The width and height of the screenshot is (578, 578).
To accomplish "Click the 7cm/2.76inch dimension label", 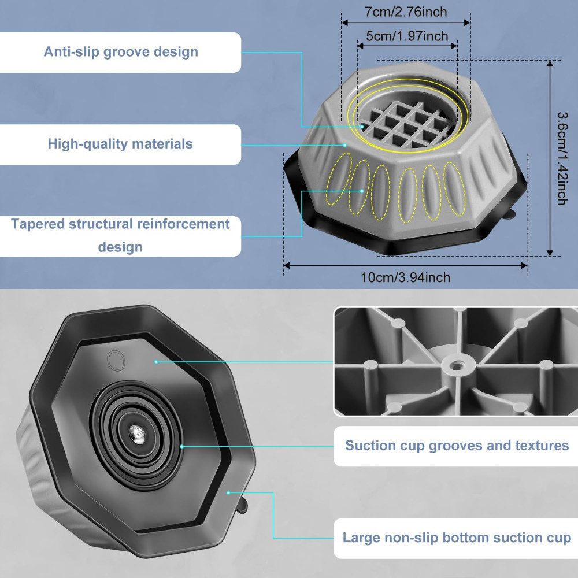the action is click(406, 12).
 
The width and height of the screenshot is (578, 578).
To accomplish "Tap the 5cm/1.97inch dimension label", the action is click(407, 36).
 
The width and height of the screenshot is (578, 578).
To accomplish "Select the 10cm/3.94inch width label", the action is click(406, 278).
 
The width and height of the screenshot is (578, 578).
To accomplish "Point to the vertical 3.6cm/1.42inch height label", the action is click(560, 158).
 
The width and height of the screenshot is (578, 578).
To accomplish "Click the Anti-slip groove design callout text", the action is click(121, 52).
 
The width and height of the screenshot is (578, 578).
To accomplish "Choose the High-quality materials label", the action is click(120, 143).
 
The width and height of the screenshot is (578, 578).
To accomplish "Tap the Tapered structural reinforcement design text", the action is click(120, 235).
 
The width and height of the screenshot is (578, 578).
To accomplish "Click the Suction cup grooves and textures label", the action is click(457, 446).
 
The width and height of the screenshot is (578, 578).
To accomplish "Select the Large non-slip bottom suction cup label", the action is click(457, 538).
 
